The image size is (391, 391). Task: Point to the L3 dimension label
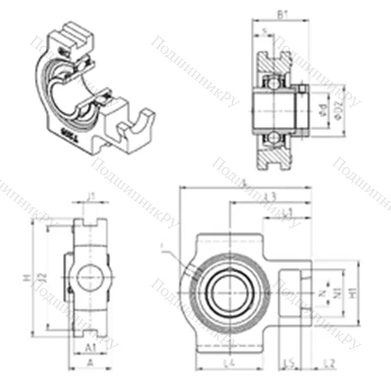[271, 195]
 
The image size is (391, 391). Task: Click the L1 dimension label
[287, 211]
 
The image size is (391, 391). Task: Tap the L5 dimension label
[289, 365]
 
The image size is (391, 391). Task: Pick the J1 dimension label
[91, 198]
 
